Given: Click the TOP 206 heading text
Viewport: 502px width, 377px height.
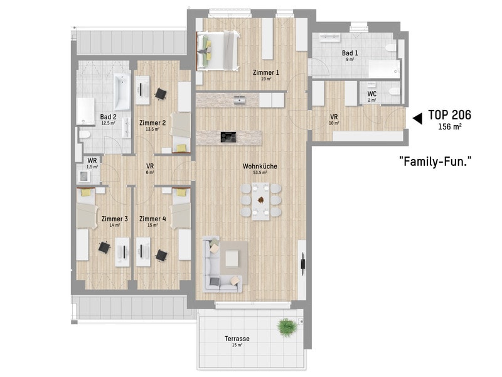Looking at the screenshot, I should [x=449, y=115].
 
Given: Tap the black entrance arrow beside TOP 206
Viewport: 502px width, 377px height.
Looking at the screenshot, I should [x=416, y=117].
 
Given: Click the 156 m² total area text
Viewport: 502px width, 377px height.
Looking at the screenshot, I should [x=449, y=126].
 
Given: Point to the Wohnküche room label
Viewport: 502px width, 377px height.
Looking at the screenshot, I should [x=255, y=167].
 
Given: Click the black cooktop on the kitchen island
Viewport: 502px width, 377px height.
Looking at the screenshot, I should [x=228, y=136].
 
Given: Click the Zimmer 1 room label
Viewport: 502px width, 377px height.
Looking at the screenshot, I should [x=266, y=72].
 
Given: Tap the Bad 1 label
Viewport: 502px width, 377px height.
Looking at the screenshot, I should [x=350, y=53].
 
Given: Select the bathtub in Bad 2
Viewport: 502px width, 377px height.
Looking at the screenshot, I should [x=122, y=92].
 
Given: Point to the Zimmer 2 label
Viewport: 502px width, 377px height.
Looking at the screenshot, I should [x=152, y=123].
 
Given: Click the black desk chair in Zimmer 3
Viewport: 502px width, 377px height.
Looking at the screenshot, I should [x=104, y=248].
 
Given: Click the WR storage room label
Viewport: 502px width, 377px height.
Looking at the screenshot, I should [x=92, y=161].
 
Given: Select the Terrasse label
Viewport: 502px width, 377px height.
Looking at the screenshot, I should [x=237, y=339].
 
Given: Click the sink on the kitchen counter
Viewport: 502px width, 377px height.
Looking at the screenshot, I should [x=239, y=99].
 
